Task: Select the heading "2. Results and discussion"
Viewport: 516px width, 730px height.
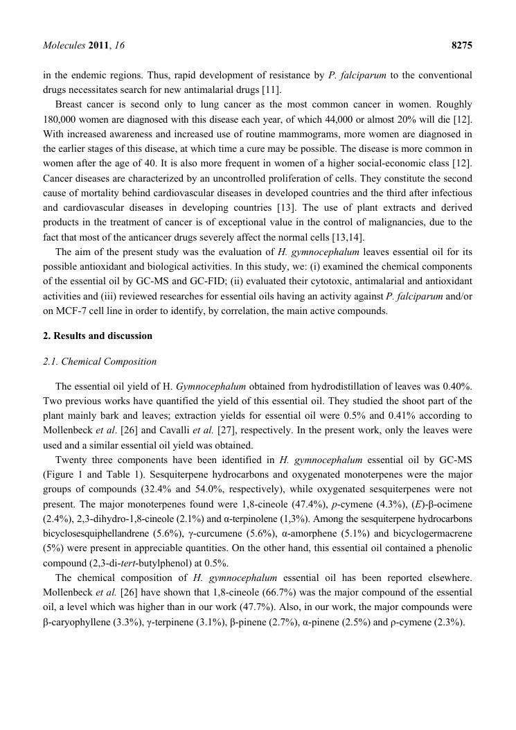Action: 98,336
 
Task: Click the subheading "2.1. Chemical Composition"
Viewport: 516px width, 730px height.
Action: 100,361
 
